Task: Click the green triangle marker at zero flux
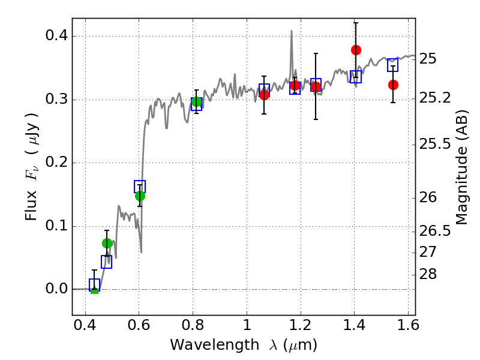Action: pos(94,289)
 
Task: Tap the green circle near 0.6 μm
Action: pos(140,196)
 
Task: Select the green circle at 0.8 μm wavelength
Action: pos(196,101)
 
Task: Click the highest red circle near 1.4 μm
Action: pos(356,50)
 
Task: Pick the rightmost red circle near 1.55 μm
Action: pos(393,85)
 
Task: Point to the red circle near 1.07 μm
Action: pos(264,94)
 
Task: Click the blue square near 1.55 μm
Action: pos(393,65)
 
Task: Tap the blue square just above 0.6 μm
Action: pos(140,186)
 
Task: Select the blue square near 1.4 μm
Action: pos(356,77)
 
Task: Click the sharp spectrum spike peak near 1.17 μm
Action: pos(292,31)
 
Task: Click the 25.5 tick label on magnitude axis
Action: pos(436,144)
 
